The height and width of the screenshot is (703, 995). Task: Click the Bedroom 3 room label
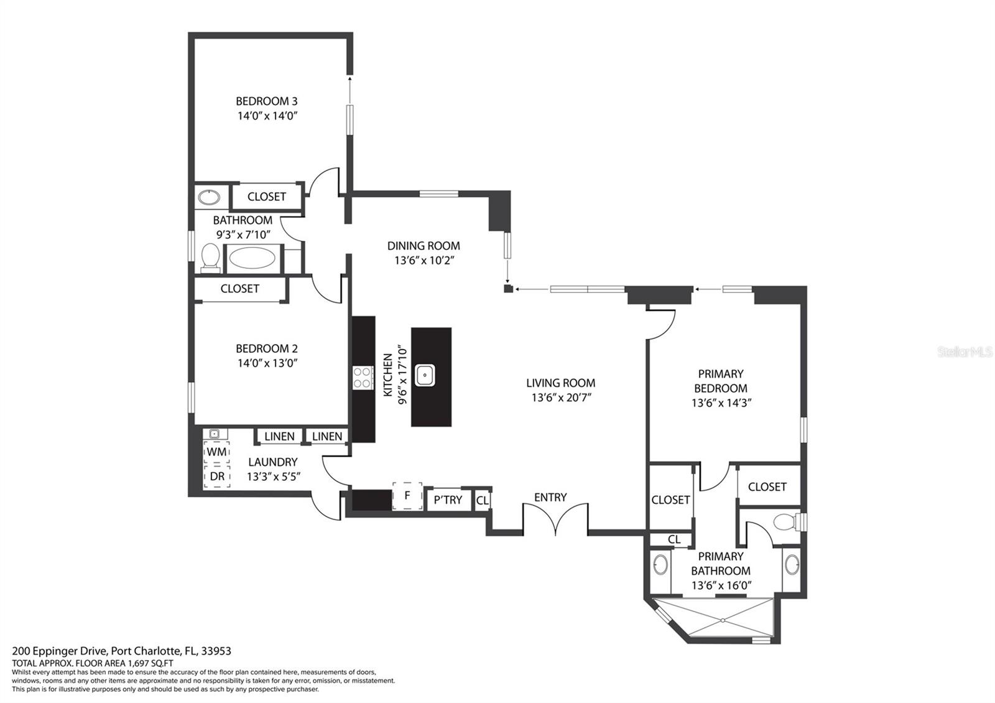(x=267, y=101)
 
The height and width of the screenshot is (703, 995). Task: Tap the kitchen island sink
(x=425, y=375)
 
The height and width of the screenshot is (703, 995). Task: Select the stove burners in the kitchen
(x=363, y=377)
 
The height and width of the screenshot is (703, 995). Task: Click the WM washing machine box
(x=217, y=452)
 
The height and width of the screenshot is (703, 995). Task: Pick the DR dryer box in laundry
(x=217, y=477)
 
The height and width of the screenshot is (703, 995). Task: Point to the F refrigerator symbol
(x=407, y=495)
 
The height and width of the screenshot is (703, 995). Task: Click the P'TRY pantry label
(x=448, y=500)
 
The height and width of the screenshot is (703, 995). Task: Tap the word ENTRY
(x=550, y=497)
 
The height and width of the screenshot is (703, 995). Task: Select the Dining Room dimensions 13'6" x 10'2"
(x=423, y=261)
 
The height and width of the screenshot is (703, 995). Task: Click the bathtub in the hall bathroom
(x=252, y=258)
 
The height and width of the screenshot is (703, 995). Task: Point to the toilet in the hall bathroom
(x=210, y=257)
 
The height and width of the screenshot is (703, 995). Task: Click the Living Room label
(x=560, y=383)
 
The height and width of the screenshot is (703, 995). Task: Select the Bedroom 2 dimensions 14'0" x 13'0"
(x=267, y=363)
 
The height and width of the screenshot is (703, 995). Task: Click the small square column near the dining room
(x=508, y=289)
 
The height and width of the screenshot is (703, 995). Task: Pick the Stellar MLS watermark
(x=965, y=352)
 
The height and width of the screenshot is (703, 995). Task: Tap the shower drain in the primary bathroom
(x=723, y=620)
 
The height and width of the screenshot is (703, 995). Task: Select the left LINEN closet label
(x=279, y=436)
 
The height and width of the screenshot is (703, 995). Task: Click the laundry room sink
(x=215, y=434)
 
